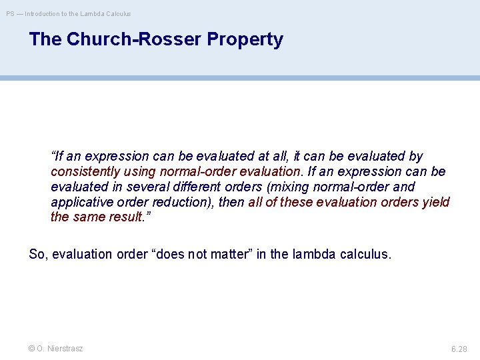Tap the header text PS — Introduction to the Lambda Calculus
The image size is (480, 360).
click(69, 13)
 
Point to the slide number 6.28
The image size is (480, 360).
click(459, 349)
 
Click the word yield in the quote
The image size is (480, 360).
click(436, 202)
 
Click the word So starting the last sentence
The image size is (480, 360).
click(37, 254)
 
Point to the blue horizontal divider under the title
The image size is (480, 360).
click(240, 78)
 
